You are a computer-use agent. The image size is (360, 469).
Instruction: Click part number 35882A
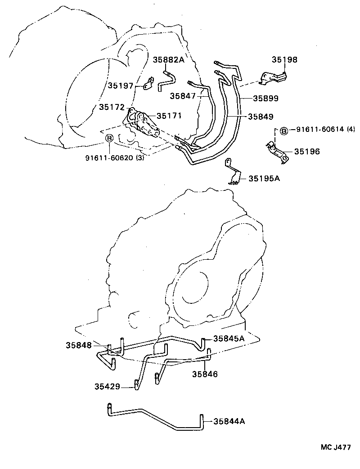coord(169,60)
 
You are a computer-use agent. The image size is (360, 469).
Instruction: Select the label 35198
coord(284,60)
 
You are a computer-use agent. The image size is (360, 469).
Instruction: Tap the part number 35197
coord(121,85)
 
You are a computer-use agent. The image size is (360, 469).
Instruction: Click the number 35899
coord(265,98)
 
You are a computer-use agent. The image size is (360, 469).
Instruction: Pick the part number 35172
coord(112,107)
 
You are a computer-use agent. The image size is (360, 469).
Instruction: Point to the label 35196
coord(307,152)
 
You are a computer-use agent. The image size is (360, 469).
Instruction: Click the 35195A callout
coord(264,178)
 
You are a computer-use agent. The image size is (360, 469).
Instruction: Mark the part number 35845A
coord(229,338)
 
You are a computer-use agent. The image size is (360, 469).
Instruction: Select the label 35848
coord(79,345)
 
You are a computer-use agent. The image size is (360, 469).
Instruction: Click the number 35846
coord(205,374)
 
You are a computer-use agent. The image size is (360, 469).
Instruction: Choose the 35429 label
coord(108,386)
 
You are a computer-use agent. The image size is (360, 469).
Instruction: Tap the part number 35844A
coord(229,421)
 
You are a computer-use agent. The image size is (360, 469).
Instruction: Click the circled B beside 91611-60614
coord(283,131)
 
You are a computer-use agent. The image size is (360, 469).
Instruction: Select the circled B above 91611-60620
coord(109,138)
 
